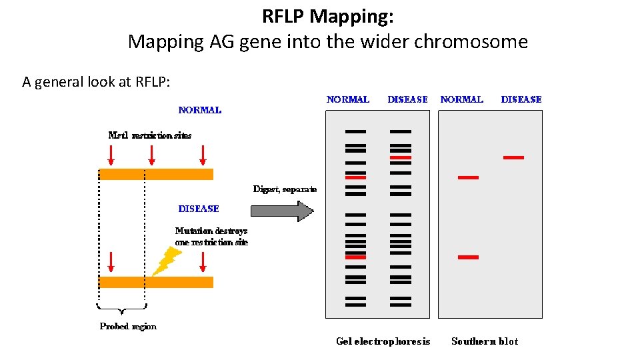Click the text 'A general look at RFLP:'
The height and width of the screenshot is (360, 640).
(x=96, y=82)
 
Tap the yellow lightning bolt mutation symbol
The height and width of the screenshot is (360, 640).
(x=166, y=261)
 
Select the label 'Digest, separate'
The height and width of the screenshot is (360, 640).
(x=285, y=189)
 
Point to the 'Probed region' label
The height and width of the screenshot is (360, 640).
(x=128, y=327)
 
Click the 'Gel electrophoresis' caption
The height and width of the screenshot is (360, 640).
(x=383, y=341)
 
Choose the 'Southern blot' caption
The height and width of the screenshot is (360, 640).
(x=484, y=341)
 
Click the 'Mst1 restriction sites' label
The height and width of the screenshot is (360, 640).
(x=149, y=135)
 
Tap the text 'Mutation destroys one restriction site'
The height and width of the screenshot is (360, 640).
(x=211, y=237)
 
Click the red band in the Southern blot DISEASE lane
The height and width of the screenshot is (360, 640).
(x=513, y=157)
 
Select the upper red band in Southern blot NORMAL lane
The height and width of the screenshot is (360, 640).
(x=468, y=177)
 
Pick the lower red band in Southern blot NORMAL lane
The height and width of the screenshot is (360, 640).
(x=468, y=257)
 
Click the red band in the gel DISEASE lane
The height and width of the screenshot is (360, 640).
(x=401, y=157)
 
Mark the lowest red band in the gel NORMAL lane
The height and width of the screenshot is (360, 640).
(x=355, y=257)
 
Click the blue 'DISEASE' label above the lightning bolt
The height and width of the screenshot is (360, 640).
(x=199, y=209)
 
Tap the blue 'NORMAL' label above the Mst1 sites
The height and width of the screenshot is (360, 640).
(x=199, y=110)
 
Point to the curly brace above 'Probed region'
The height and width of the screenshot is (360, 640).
(x=122, y=308)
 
